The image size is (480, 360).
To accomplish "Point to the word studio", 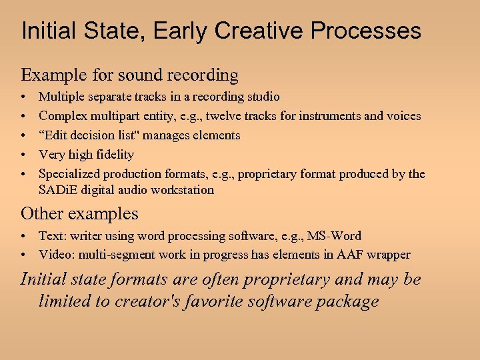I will click(261, 97).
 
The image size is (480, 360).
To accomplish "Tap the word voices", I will click(403, 116).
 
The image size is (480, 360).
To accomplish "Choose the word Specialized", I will click(71, 174).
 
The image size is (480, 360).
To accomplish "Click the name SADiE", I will click(56, 190).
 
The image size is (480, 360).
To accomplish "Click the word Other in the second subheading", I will click(39, 214).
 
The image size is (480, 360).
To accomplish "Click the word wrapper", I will click(389, 255).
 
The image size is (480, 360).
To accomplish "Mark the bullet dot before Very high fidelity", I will click(24, 155).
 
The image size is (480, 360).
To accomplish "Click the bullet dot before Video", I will click(24, 255).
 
